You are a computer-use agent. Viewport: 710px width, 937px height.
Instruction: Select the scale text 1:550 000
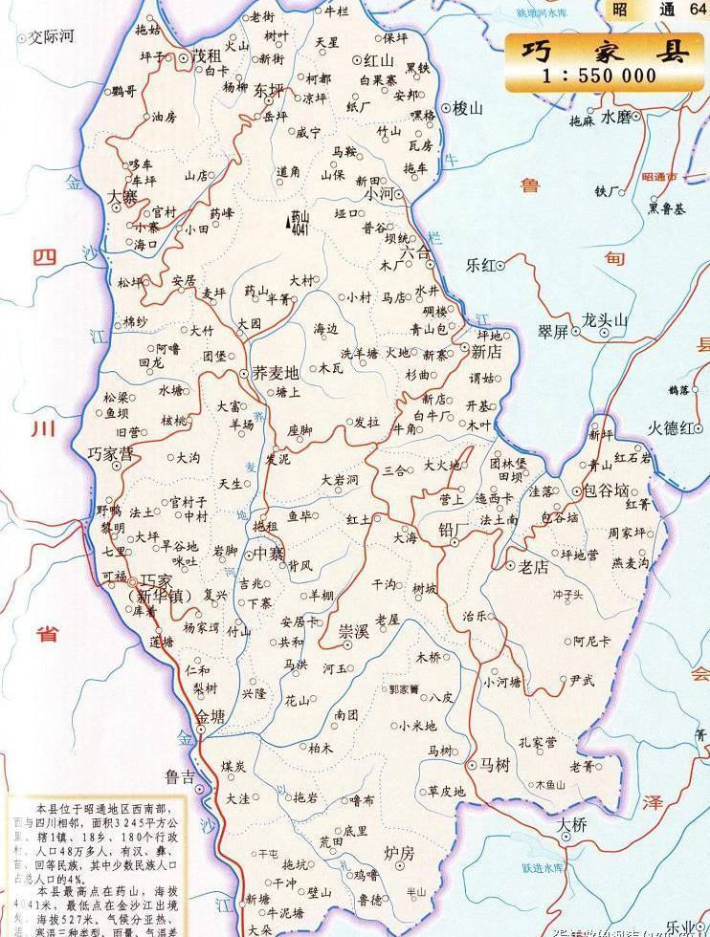tap(599, 76)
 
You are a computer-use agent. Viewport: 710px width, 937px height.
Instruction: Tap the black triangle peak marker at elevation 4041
tap(289, 224)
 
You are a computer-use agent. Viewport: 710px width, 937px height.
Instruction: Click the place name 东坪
tap(269, 91)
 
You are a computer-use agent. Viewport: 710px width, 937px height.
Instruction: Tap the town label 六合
tap(416, 253)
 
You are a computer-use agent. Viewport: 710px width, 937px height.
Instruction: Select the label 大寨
tap(123, 196)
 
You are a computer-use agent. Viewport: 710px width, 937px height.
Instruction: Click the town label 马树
tap(495, 764)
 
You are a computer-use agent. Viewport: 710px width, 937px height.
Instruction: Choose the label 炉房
tap(398, 851)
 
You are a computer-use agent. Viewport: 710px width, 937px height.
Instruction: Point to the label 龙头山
tap(605, 320)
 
